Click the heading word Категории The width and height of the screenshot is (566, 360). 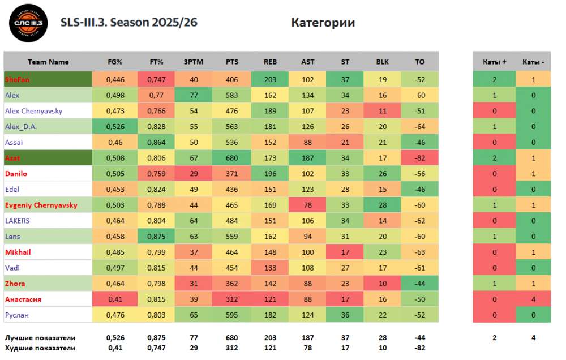(x=323, y=23)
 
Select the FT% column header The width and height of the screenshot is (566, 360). (x=156, y=62)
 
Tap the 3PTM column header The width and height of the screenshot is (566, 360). (x=194, y=62)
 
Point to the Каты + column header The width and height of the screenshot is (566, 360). (x=494, y=62)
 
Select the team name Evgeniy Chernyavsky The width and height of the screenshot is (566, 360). (x=41, y=205)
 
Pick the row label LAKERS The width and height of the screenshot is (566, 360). (x=17, y=221)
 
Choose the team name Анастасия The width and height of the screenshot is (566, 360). (x=23, y=299)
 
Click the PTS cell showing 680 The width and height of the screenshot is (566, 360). (x=232, y=158)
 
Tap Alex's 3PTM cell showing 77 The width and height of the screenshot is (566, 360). (x=194, y=95)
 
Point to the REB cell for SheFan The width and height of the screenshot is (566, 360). (x=270, y=80)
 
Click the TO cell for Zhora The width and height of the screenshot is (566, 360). (x=419, y=283)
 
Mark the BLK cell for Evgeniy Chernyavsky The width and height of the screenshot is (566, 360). (x=383, y=205)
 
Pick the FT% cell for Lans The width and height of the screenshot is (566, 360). (x=156, y=237)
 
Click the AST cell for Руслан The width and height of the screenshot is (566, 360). (x=308, y=315)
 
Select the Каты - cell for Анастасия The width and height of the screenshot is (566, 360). (x=533, y=299)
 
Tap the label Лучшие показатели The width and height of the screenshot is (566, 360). (x=40, y=337)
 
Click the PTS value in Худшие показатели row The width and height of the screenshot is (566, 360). (x=232, y=348)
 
